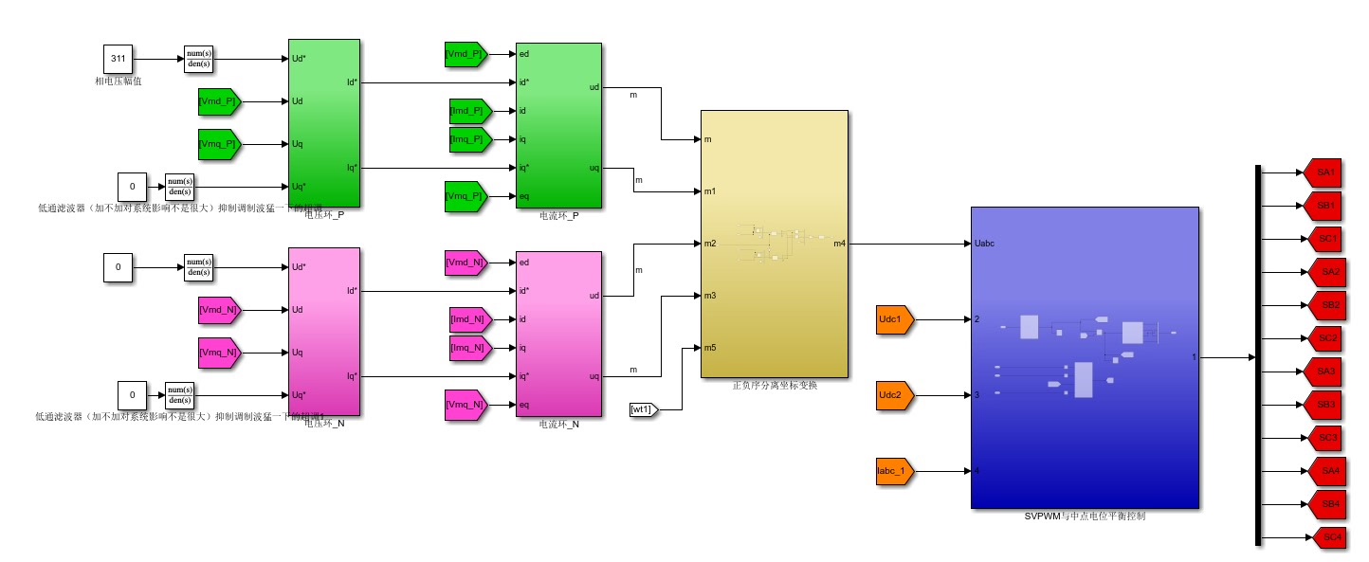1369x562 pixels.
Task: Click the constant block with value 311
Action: click(118, 59)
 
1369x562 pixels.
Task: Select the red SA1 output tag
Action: click(1325, 172)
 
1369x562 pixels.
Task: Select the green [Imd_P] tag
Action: click(468, 111)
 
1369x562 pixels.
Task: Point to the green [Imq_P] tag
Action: click(468, 139)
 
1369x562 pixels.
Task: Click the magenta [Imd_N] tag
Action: click(468, 319)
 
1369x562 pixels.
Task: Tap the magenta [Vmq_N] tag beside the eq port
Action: click(465, 405)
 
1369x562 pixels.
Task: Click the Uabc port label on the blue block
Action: click(984, 244)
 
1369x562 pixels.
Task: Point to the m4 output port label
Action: click(840, 244)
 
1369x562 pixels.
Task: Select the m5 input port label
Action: click(709, 348)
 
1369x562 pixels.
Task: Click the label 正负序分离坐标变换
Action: click(775, 386)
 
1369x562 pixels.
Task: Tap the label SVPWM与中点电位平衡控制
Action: click(1085, 517)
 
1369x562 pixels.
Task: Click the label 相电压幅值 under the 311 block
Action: click(118, 82)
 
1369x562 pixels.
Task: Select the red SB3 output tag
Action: click(1325, 405)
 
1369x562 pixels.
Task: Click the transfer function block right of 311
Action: click(199, 59)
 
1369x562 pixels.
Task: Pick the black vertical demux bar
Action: click(1258, 355)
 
